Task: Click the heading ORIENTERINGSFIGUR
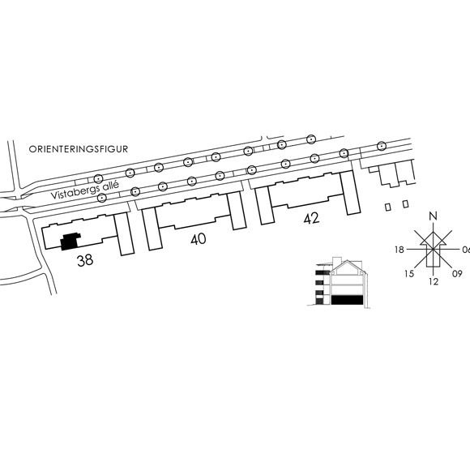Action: coord(79,149)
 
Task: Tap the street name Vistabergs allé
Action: coord(85,190)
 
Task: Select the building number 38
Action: coord(85,260)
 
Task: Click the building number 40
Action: coord(199,239)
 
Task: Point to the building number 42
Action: coord(311,219)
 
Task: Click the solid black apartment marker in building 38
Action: coord(70,241)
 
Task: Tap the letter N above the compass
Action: coord(433,216)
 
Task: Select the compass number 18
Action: coord(399,250)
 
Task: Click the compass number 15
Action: coord(409,274)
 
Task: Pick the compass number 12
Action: coord(434,281)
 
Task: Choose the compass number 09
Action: coord(457,274)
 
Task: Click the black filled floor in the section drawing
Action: coord(348,300)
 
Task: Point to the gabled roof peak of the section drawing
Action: coord(347,261)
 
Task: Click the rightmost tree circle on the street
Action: coord(381,146)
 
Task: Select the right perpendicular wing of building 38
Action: coord(125,234)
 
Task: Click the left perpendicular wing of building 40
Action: coord(152,229)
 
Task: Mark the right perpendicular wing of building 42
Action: coord(350,192)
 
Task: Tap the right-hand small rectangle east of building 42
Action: coord(405,204)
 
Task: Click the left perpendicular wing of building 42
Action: coord(265,206)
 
